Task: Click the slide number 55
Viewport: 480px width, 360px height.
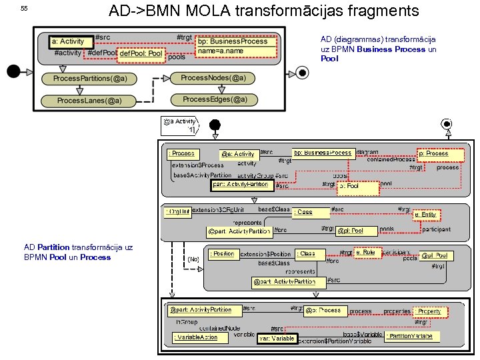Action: tap(24, 8)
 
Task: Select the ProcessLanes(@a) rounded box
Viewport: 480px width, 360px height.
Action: tap(89, 101)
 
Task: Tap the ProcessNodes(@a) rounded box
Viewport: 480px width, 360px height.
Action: tap(213, 78)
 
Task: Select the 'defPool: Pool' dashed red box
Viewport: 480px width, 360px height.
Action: tap(140, 53)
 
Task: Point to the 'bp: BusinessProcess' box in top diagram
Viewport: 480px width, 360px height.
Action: tap(233, 41)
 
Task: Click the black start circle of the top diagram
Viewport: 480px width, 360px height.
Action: tap(13, 71)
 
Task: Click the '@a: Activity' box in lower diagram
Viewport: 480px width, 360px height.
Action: tap(238, 154)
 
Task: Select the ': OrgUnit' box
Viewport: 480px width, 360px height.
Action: tap(178, 212)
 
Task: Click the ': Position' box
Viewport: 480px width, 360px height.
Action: tap(223, 254)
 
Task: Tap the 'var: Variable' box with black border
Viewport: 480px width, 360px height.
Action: tap(276, 339)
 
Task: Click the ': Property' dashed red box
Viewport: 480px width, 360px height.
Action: tap(427, 311)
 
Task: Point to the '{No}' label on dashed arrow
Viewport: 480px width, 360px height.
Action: tap(193, 259)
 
